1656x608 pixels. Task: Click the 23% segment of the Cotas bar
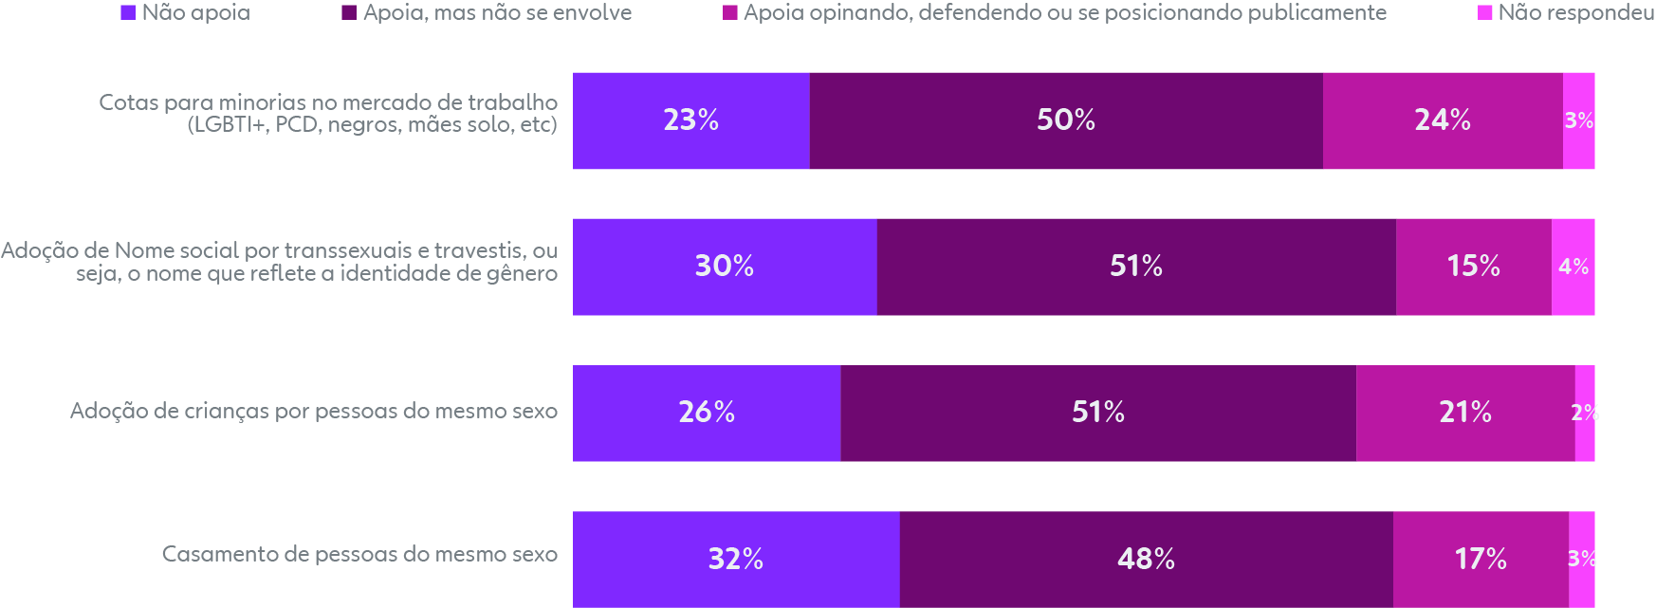(690, 120)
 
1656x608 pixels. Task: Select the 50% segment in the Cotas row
(1065, 120)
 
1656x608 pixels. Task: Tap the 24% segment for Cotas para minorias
(1442, 120)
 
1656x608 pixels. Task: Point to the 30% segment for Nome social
(725, 267)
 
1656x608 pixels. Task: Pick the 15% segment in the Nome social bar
(1473, 267)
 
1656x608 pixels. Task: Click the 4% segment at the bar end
(1573, 267)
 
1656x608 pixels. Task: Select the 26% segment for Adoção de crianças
(707, 413)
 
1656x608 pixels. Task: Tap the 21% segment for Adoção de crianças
(1464, 413)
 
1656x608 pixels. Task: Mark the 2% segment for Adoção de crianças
(1584, 413)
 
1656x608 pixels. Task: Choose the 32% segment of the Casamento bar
(736, 559)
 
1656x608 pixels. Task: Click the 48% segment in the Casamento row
(1146, 559)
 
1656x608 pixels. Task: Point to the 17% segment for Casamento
(1480, 559)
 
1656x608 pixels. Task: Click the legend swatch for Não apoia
(128, 13)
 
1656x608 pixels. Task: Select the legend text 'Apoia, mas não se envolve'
(497, 13)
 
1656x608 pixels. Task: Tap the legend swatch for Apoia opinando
(730, 13)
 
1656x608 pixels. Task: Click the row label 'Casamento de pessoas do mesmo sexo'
(359, 554)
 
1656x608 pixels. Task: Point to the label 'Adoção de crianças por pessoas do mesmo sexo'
(314, 411)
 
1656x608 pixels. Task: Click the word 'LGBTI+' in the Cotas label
(227, 125)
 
